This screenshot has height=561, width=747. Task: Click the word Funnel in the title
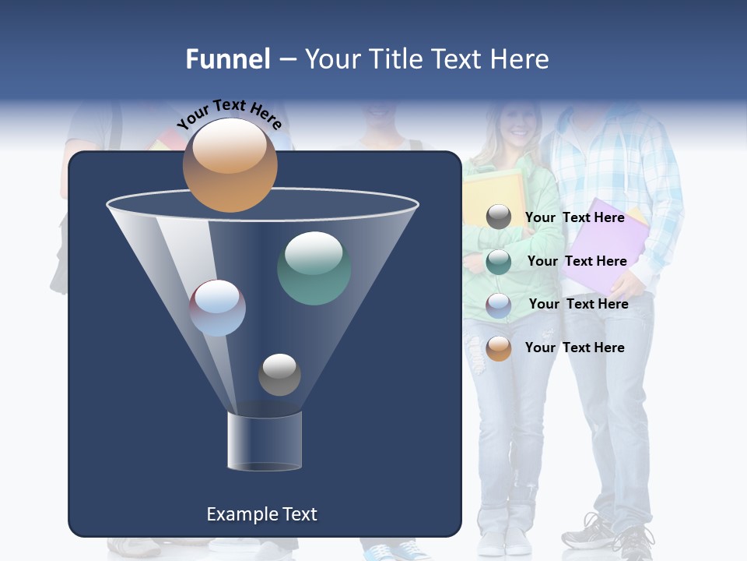[228, 59]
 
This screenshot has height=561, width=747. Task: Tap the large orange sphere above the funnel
[230, 165]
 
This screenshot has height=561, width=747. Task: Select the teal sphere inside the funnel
[314, 268]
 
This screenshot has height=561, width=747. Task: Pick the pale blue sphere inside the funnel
[217, 308]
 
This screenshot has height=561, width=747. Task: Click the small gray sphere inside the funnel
[279, 374]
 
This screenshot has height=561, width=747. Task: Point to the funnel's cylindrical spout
[265, 441]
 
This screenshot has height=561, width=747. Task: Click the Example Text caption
[261, 514]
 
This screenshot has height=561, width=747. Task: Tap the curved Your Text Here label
[229, 115]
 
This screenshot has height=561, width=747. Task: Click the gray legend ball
[499, 217]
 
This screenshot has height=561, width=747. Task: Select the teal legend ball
[499, 262]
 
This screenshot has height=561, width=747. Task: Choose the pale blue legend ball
[499, 305]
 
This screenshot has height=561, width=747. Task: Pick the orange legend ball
[499, 348]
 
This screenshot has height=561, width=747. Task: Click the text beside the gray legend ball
[575, 217]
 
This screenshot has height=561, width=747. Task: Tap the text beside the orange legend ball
[575, 348]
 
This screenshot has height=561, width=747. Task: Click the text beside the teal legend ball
[577, 261]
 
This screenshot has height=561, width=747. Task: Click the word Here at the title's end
[520, 59]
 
